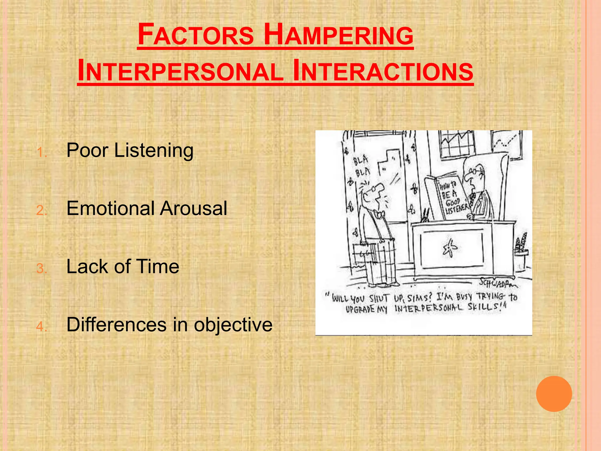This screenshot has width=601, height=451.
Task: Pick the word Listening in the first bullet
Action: [x=154, y=150]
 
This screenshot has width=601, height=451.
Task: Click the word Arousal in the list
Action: [x=193, y=208]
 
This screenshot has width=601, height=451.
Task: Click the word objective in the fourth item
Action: [x=233, y=325]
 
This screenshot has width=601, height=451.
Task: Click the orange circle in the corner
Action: [x=554, y=394]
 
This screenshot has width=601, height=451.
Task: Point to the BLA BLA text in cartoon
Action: [x=362, y=166]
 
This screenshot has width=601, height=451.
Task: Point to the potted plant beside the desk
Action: [x=521, y=250]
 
